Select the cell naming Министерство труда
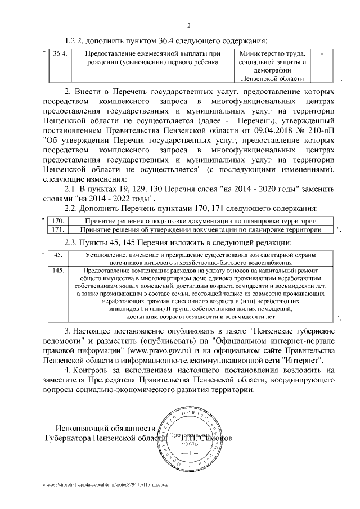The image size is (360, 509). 272,66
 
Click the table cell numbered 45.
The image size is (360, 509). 57,255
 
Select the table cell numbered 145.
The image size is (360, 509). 57,271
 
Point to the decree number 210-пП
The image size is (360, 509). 321,130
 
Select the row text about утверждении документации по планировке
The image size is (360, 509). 201,229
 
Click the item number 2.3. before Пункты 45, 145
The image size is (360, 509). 74,242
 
